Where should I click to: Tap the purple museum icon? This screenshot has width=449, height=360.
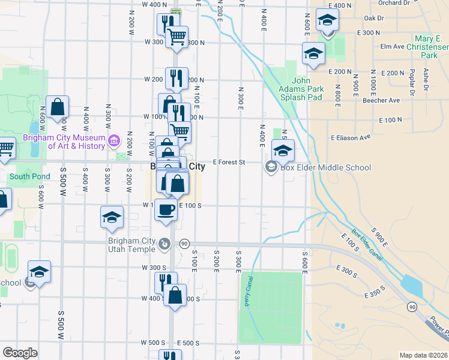point(114,142)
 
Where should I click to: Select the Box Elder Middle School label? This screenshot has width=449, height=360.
point(327,167)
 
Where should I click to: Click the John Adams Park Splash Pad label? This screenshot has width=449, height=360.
point(308,89)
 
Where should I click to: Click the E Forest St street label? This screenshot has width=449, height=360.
point(230,162)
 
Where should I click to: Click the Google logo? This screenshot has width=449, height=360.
point(20,353)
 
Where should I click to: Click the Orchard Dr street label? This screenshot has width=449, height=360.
point(411,3)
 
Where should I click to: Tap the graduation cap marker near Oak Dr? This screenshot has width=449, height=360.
point(327,22)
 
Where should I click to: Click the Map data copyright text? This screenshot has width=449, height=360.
point(423,355)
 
